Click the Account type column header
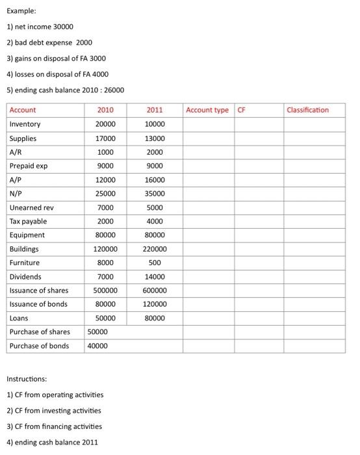[x=207, y=110]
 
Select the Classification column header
[x=307, y=110]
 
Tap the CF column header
[x=242, y=110]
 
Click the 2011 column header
[x=155, y=110]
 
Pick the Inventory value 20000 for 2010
[x=105, y=124]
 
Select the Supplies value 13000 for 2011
[x=155, y=138]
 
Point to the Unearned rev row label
[x=31, y=207]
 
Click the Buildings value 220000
[x=155, y=249]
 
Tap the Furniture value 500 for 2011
[x=155, y=263]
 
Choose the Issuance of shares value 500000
[x=105, y=291]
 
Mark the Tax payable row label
[x=28, y=221]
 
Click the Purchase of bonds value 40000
[x=97, y=346]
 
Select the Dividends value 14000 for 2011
[x=155, y=277]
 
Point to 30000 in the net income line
[x=63, y=27]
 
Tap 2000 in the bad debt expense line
[x=84, y=42]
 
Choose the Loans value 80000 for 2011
[x=155, y=318]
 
